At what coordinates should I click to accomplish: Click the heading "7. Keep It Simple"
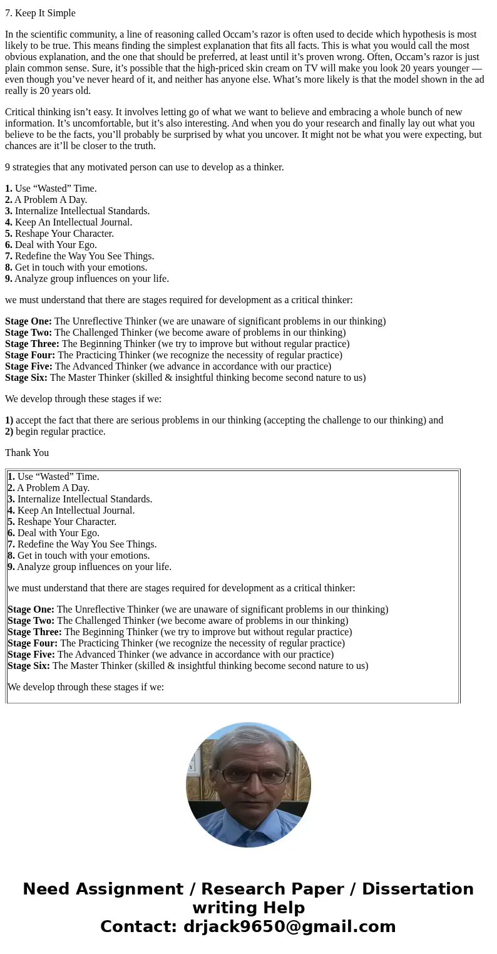coord(40,13)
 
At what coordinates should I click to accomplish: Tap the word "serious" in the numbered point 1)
coord(188,420)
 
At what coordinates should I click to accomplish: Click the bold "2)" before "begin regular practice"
coord(9,432)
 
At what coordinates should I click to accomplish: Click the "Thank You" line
coord(27,453)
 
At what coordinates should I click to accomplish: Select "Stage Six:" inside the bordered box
coord(29,666)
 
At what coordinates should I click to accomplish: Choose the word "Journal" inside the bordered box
coord(116,511)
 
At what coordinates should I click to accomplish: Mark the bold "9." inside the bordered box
coord(11,567)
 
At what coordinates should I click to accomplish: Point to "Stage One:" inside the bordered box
coord(31,609)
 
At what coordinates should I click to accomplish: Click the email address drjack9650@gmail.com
coord(289,927)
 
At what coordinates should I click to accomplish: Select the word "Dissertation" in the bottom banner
coord(418,889)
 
